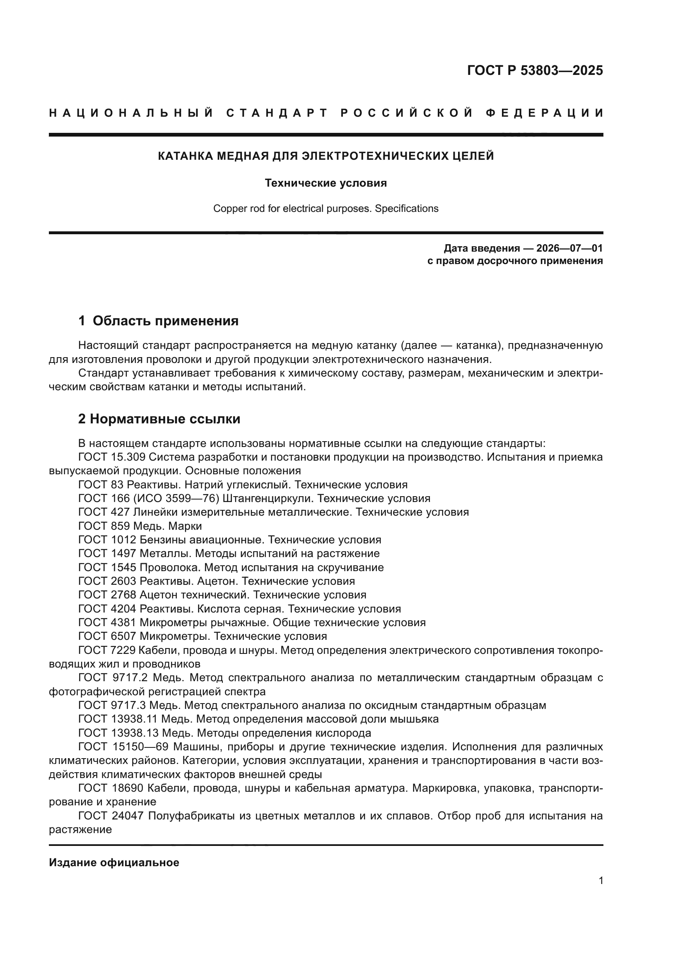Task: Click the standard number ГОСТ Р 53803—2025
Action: coord(534,70)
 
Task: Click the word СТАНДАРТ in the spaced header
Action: coord(277,113)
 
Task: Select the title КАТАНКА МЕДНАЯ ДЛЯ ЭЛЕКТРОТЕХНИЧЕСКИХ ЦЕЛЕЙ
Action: coord(326,156)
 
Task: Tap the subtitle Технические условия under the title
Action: coord(326,183)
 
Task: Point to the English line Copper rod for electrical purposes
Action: coord(326,209)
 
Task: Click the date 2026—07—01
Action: coord(569,248)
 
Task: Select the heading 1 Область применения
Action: coord(158,321)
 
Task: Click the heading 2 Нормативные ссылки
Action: coord(159,419)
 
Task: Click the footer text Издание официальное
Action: coord(114,862)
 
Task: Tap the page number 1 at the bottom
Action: coord(601,881)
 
